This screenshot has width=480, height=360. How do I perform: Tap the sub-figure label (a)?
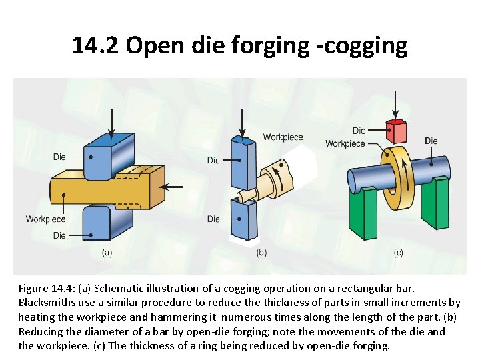pos(107,253)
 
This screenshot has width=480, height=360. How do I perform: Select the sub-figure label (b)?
pos(261,253)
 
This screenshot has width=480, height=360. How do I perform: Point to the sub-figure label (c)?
pos(399,253)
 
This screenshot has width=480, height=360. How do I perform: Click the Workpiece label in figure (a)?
pos(45,219)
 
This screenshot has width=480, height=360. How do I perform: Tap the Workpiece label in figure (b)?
pos(283,137)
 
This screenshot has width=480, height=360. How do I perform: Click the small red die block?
pos(397,132)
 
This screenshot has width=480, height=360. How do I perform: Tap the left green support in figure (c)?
pos(363,210)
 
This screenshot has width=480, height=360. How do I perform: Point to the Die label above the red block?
pos(359,131)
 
